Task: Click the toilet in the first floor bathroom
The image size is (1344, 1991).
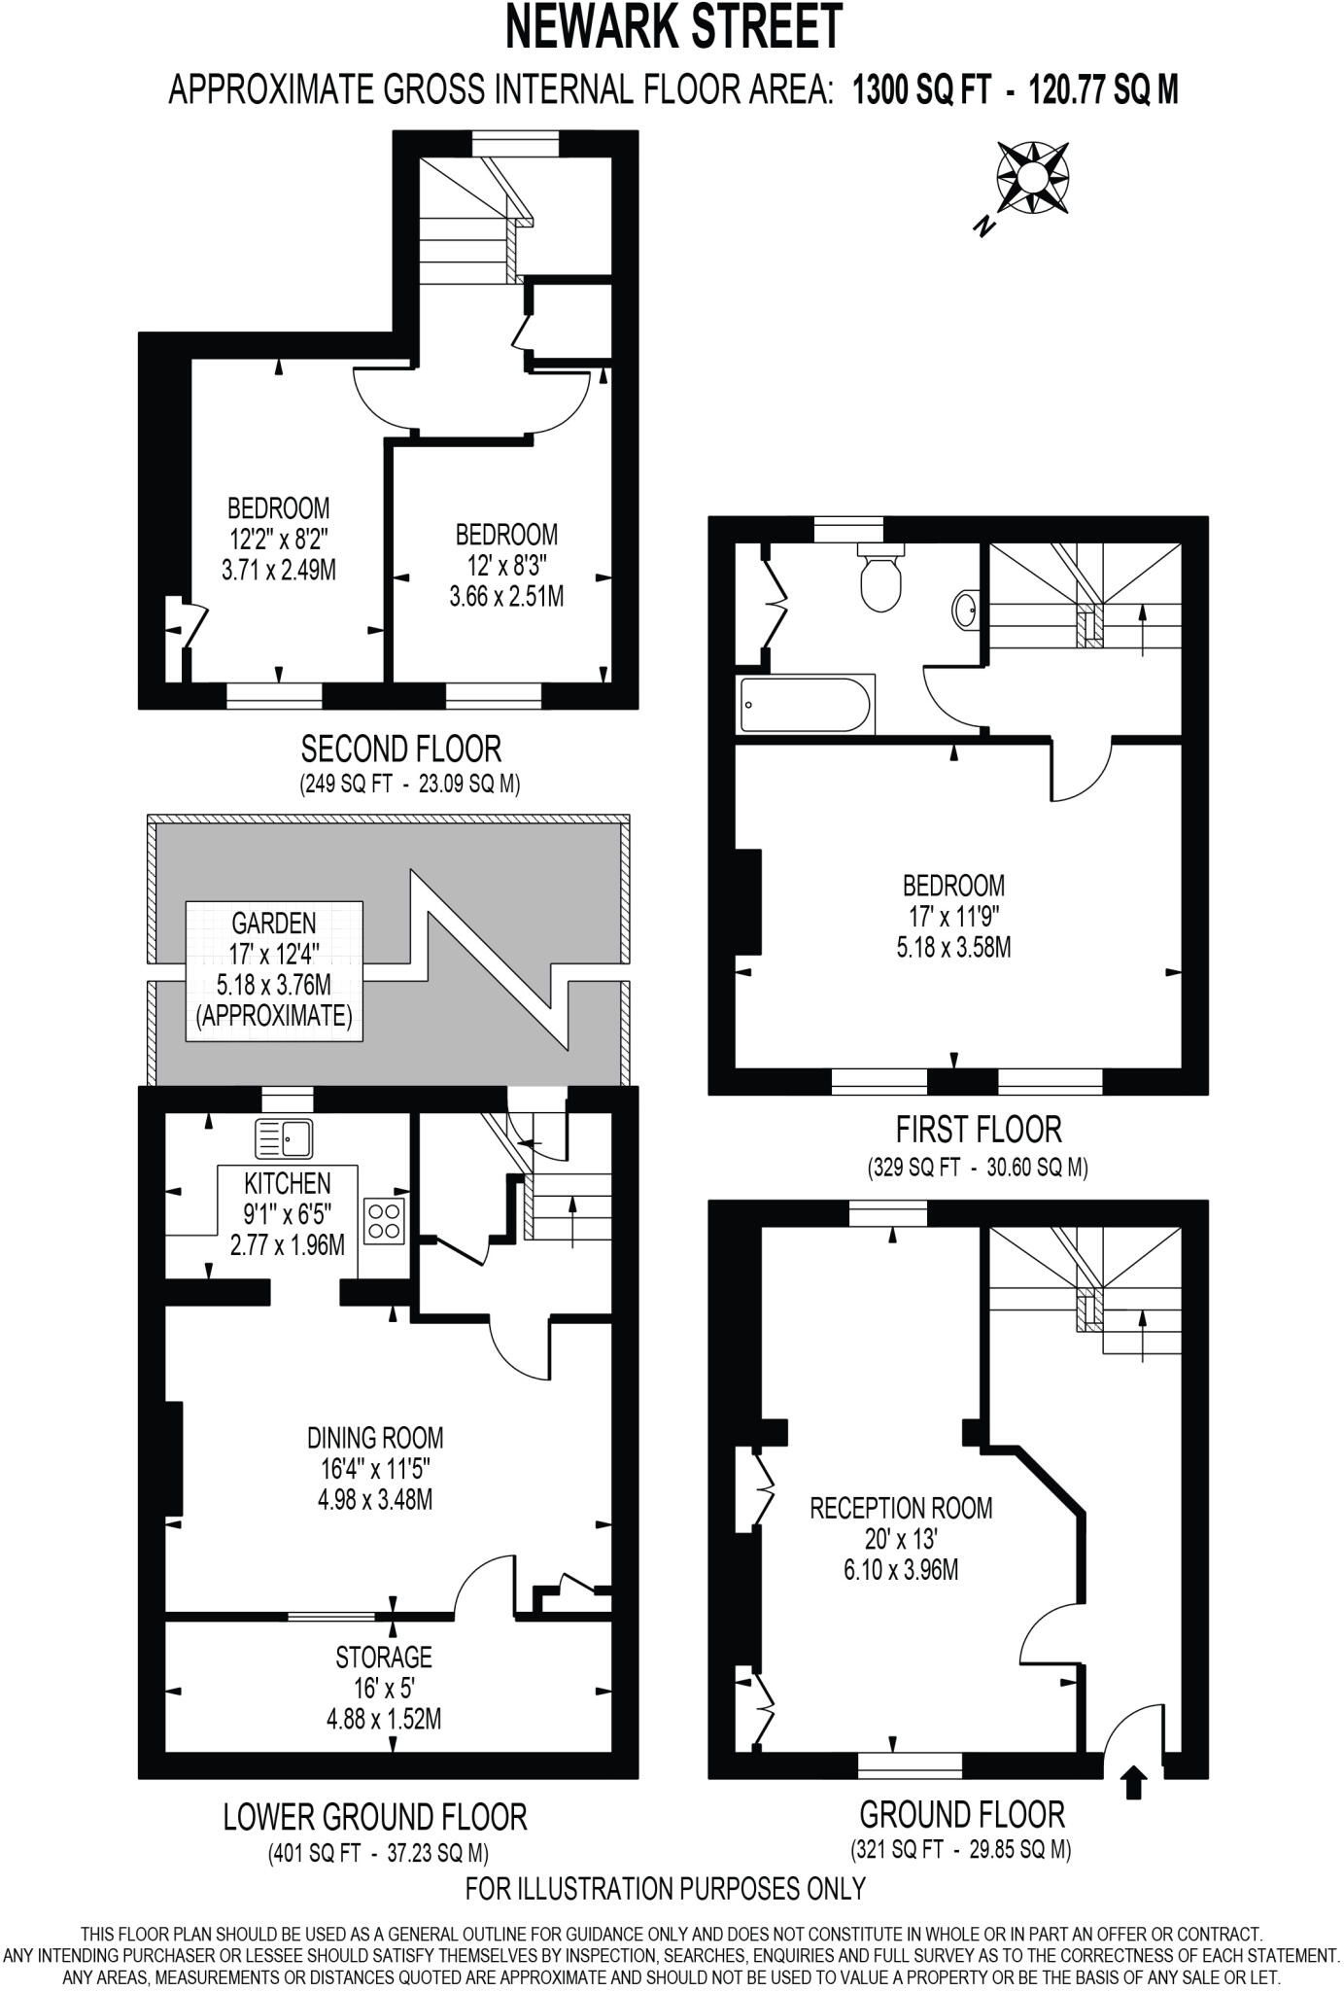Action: coord(880,582)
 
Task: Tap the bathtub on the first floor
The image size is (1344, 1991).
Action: coord(807,704)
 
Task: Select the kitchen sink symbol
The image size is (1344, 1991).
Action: coord(284,1138)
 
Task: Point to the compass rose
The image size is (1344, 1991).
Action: coord(1032,177)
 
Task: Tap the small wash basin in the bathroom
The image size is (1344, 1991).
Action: coord(966,611)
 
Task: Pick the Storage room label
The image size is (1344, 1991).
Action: coord(384,1656)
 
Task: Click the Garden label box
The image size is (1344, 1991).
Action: coord(274,970)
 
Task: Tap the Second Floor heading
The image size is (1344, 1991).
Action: coord(400,750)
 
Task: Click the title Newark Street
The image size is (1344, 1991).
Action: coord(672,27)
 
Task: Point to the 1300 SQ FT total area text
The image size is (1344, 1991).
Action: coord(921,90)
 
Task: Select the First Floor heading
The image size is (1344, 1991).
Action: coord(978,1130)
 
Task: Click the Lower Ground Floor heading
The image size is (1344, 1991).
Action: coord(375,1816)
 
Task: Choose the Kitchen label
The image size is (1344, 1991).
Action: coord(288,1183)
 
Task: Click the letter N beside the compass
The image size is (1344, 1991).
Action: coord(985,227)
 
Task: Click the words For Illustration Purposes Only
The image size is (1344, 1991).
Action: coord(665,1887)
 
